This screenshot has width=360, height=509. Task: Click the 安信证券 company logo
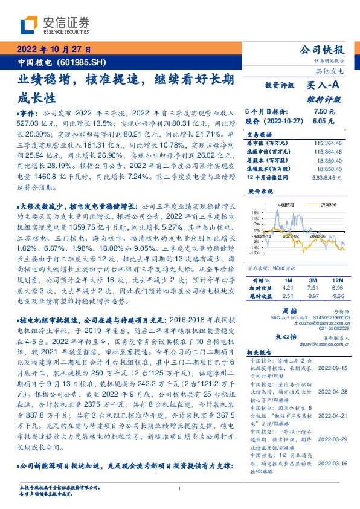pyautogui.click(x=55, y=25)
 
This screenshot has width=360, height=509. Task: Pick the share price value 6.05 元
pyautogui.click(x=324, y=121)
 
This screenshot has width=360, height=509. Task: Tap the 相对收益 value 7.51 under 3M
pyautogui.click(x=312, y=289)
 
